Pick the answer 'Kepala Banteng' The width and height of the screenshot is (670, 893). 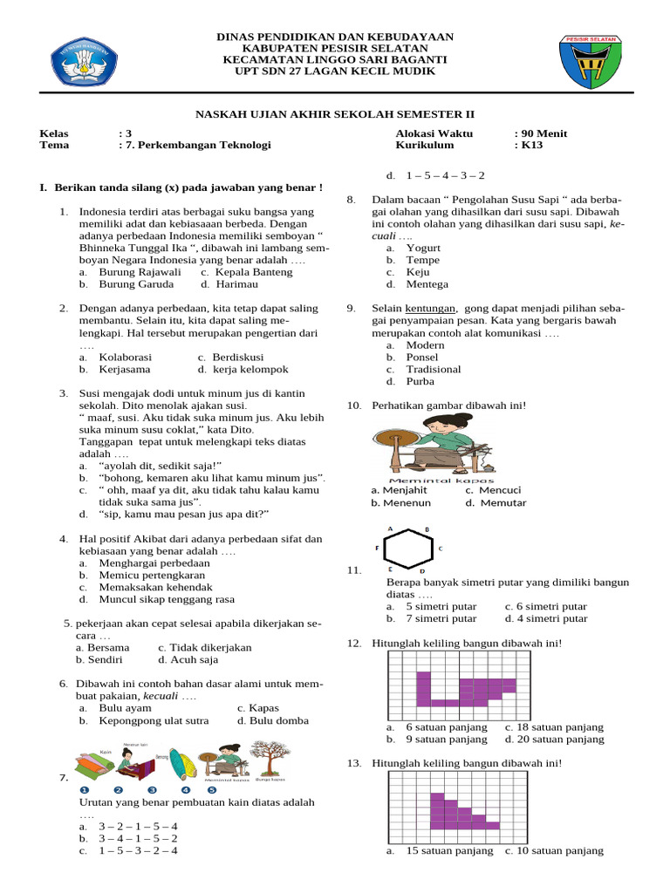[x=242, y=271]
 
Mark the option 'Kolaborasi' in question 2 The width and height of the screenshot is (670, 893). [x=126, y=357]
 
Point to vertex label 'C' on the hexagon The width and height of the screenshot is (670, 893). [x=441, y=549]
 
